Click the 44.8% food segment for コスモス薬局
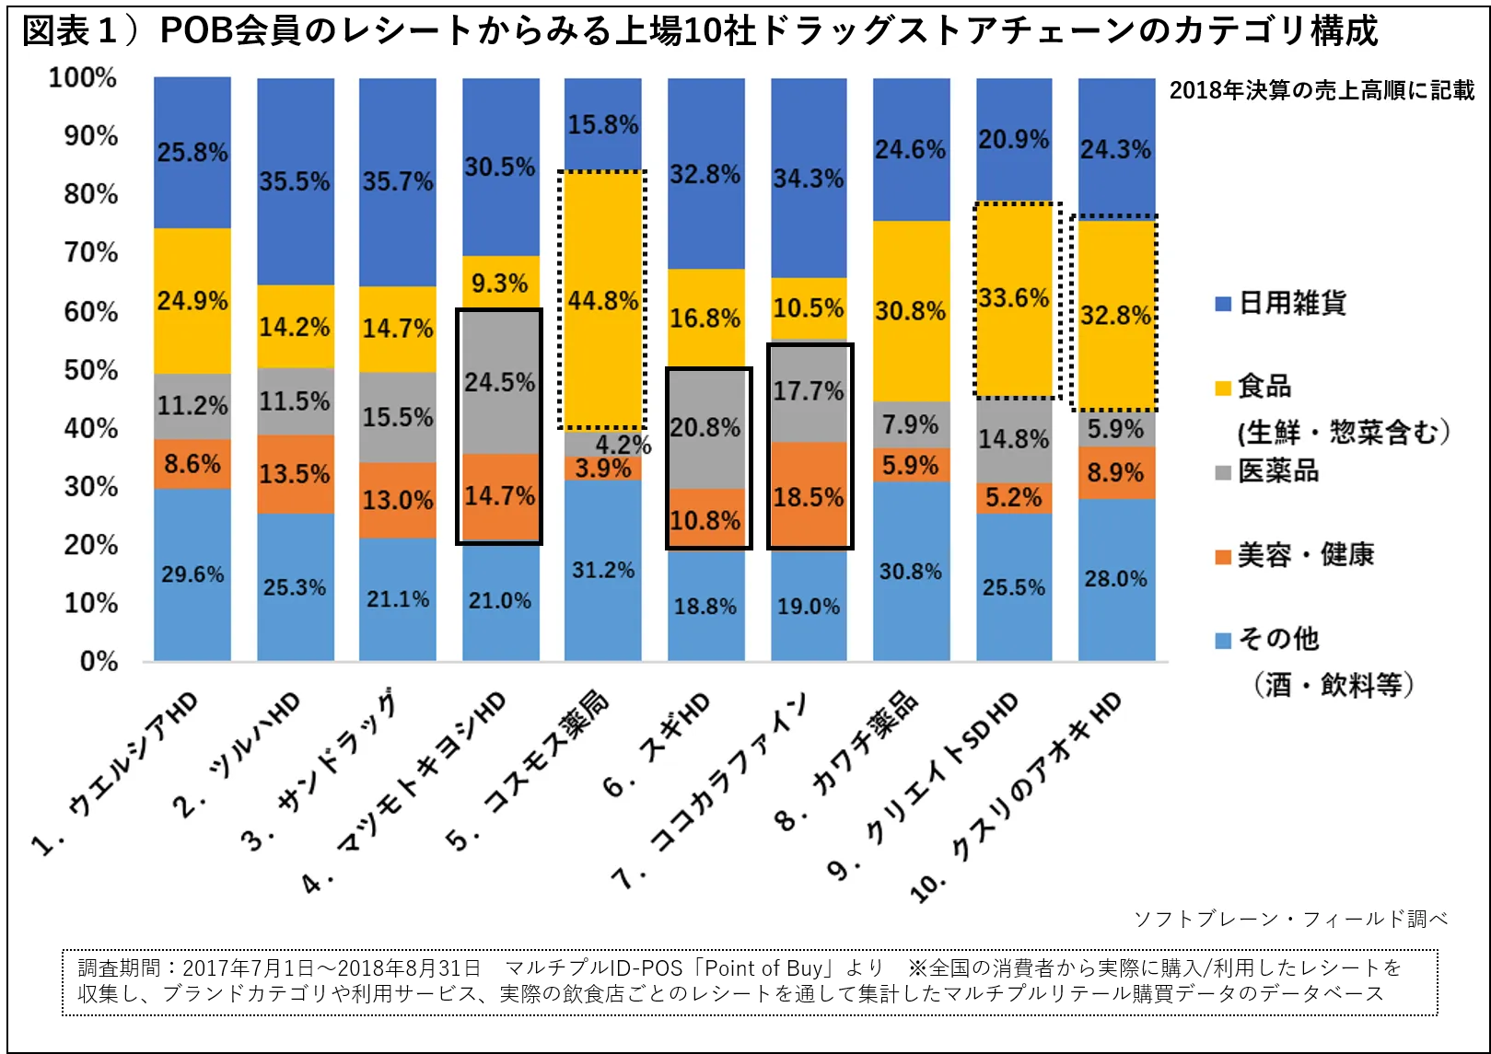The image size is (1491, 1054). point(603,300)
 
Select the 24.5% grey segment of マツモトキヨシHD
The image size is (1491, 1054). point(500,382)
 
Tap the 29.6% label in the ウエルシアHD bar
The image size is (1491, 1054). point(192,574)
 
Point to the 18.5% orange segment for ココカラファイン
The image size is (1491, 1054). point(809,497)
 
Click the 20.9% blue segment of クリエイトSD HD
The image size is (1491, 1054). point(1014,140)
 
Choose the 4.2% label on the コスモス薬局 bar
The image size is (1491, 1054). point(623,446)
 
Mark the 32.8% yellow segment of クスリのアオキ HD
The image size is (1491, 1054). point(1116,315)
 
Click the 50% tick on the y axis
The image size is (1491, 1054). point(91,370)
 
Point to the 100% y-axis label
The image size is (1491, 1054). point(83,77)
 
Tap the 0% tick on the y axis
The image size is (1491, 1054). point(99,661)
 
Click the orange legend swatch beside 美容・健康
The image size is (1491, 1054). point(1223,557)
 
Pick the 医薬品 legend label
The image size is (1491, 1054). point(1278,471)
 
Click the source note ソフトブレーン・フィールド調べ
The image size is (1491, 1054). point(1289,919)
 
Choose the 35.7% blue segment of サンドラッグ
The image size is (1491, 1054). point(398,181)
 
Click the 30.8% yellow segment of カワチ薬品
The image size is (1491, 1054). point(911,311)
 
